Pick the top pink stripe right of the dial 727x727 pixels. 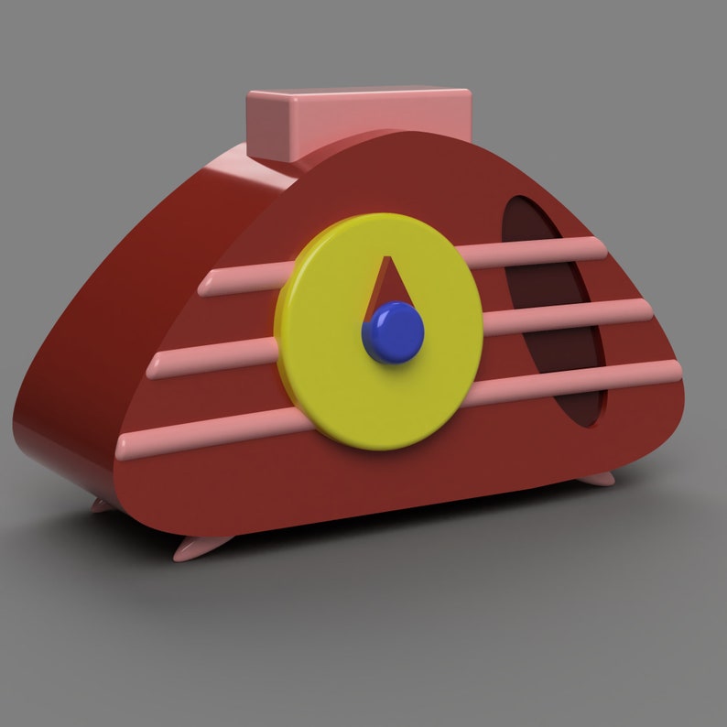coord(531,252)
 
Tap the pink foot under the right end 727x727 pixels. coord(600,477)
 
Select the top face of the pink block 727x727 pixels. coord(357,95)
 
